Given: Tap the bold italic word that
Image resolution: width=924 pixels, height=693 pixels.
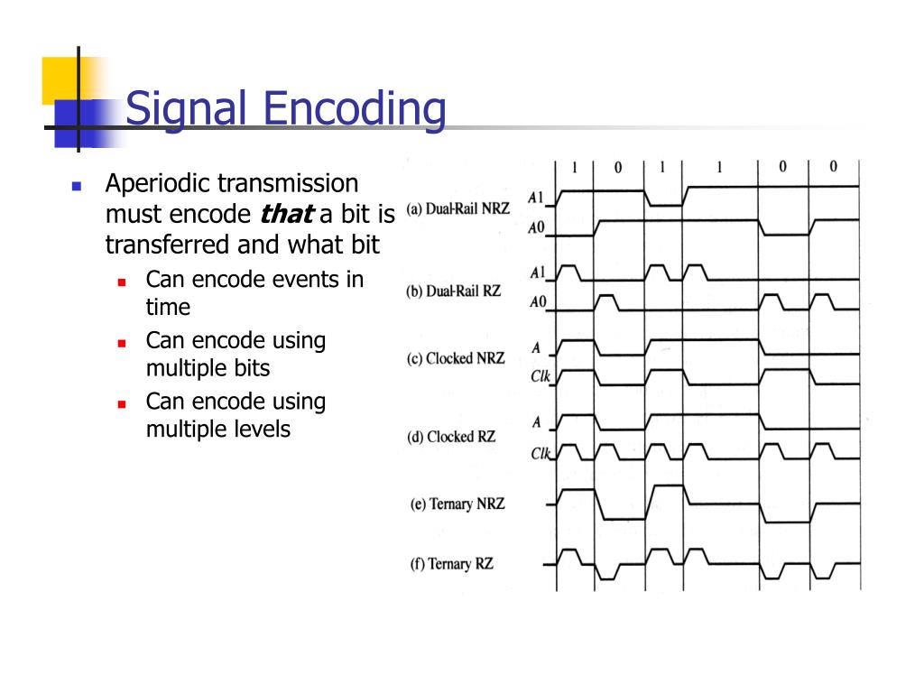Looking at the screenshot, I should (286, 215).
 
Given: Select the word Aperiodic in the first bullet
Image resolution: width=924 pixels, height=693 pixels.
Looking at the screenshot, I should (157, 184).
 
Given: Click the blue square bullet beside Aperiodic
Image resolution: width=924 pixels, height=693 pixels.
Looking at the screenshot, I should (77, 186).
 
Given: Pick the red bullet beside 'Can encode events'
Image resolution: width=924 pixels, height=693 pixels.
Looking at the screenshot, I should (121, 282).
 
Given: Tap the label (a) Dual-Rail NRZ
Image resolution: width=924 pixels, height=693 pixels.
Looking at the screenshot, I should (457, 208).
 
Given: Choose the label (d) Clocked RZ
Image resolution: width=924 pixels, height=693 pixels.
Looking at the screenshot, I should (451, 437).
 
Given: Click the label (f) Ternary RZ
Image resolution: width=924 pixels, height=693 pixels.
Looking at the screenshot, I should (451, 564).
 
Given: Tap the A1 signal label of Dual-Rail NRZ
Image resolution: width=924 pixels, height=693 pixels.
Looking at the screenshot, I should (537, 197).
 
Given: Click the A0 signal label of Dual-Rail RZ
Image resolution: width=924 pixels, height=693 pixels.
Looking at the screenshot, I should (538, 302).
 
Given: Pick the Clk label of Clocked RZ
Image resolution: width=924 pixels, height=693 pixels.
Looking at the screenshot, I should (540, 454).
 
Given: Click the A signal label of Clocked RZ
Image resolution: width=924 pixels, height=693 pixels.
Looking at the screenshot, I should (537, 421).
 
